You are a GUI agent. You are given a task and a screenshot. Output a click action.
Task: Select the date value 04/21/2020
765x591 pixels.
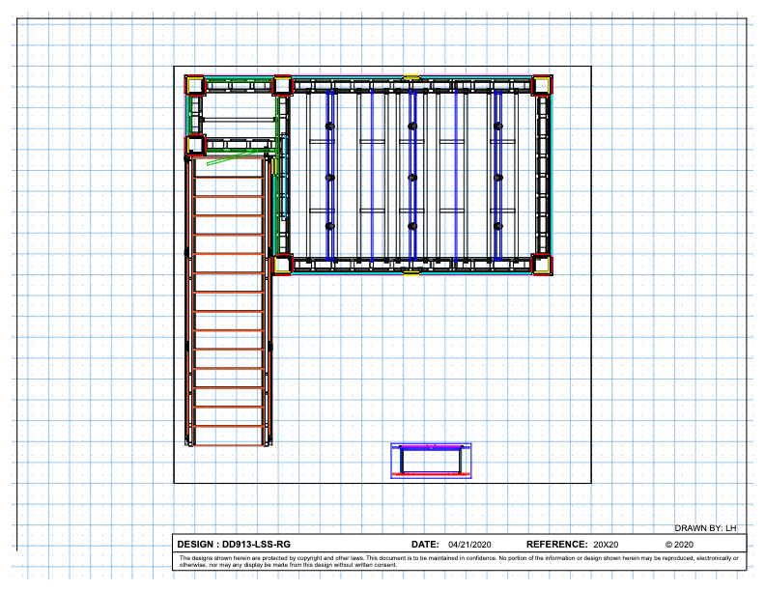[x=469, y=545]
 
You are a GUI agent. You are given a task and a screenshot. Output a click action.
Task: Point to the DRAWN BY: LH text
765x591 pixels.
[x=705, y=528]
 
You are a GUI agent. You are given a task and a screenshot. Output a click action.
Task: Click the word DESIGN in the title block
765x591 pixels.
[x=198, y=545]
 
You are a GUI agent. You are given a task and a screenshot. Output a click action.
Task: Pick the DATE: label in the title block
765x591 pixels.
[x=426, y=545]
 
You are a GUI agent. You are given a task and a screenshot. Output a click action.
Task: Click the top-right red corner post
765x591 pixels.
[x=541, y=85]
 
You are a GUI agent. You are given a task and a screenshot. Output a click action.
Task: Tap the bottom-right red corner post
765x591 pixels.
[x=541, y=265]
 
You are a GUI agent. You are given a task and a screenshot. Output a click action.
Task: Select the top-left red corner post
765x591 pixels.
[x=195, y=85]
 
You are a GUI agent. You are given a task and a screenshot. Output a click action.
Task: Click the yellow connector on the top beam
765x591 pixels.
[x=411, y=77]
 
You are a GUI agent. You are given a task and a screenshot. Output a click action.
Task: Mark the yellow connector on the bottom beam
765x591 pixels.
[x=411, y=273]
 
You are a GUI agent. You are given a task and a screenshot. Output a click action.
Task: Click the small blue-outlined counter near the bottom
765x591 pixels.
[x=431, y=461]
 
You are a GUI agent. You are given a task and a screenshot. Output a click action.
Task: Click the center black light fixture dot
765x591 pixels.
[x=412, y=177]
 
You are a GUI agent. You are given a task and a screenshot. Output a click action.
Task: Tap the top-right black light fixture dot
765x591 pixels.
[x=497, y=127]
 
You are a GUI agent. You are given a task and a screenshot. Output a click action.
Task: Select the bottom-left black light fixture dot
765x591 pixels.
[x=329, y=226]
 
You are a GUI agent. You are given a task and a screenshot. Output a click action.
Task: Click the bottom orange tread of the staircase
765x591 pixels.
[x=228, y=426]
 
